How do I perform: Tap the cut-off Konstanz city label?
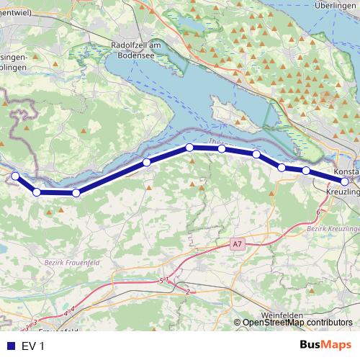point(346,172)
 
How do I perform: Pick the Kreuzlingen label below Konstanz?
point(342,195)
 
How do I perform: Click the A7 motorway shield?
point(238,245)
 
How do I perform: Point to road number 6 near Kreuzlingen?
point(318,213)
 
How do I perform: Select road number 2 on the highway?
point(187,292)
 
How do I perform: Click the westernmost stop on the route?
point(15,176)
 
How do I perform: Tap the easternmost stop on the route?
point(345,182)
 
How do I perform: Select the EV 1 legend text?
point(33,346)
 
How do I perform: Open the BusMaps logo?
point(325,346)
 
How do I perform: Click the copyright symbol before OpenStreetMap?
point(238,323)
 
